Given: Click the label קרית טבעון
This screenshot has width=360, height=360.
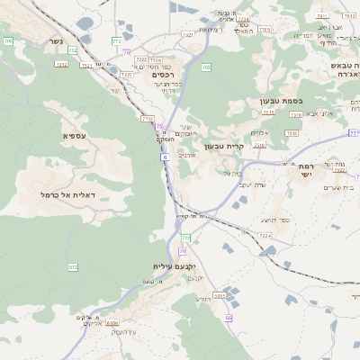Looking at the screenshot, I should click(x=224, y=146).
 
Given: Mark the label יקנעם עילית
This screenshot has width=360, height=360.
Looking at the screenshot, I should click(x=173, y=266).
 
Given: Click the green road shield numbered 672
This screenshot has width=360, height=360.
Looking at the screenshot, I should click(x=73, y=267).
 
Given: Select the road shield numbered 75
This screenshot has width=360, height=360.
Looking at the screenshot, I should click(x=158, y=127).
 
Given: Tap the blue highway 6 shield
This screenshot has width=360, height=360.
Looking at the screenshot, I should click(x=166, y=157).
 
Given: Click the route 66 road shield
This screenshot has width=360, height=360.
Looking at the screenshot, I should click(x=229, y=318).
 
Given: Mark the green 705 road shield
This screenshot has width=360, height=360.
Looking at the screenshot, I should click(x=8, y=41).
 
